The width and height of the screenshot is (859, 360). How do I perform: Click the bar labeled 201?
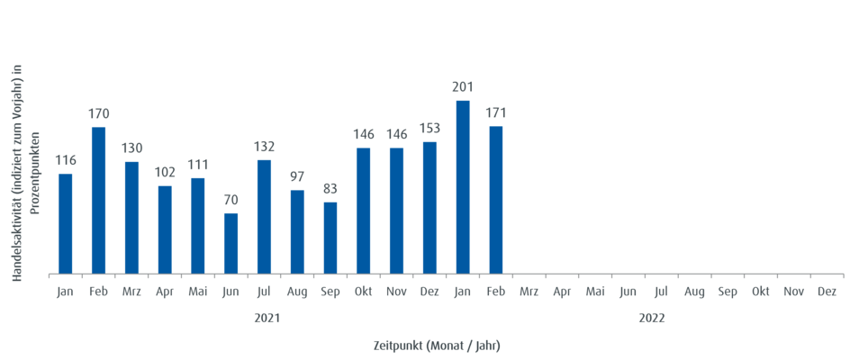pos(463,186)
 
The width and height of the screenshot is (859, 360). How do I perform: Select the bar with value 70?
pos(231,243)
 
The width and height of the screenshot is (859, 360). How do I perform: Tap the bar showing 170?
pos(99,200)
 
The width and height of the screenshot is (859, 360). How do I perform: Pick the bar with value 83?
pos(330,238)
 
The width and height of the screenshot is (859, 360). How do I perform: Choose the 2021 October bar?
pos(364,211)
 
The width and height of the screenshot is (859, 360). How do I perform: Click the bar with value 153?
pos(429,207)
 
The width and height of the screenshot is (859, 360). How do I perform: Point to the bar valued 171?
pos(496,200)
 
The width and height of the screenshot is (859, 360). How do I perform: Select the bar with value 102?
pos(165,229)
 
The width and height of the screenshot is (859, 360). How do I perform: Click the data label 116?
pos(66,160)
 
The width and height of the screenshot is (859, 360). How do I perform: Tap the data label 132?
pos(265,147)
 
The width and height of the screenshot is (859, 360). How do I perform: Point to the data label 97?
pos(298,176)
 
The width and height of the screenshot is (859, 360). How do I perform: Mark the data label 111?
pos(198,164)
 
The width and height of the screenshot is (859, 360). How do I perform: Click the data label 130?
pos(132,148)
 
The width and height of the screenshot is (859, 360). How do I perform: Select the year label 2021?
pos(265,318)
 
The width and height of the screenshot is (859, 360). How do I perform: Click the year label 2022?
pos(652,318)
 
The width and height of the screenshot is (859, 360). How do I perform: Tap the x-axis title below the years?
pos(437,345)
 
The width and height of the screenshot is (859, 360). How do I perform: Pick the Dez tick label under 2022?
pos(827,292)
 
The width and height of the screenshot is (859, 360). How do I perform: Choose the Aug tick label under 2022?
pos(694,292)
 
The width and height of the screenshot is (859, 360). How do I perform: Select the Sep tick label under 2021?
pos(330,292)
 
